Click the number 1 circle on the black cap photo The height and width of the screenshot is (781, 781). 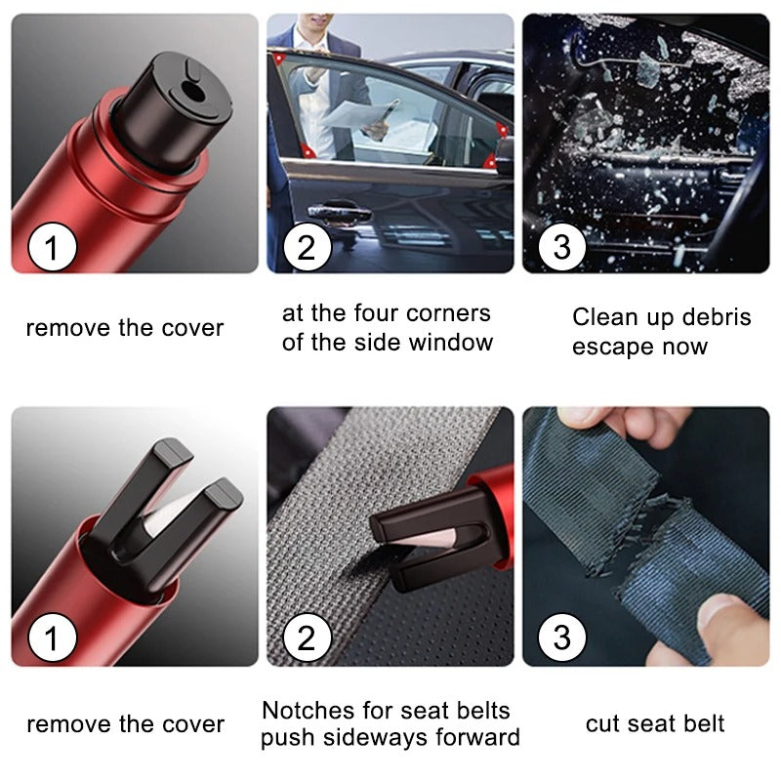tap(53, 247)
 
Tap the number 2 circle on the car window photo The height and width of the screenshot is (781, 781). tap(308, 247)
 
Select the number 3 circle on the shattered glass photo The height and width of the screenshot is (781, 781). tap(561, 247)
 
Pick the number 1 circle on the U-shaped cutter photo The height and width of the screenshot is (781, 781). tap(53, 640)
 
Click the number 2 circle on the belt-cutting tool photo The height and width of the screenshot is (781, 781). tap(308, 640)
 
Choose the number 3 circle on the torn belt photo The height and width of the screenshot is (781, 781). tap(561, 640)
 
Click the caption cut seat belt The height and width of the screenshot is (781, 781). tap(655, 723)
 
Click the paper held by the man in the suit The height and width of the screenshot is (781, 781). tap(351, 113)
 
